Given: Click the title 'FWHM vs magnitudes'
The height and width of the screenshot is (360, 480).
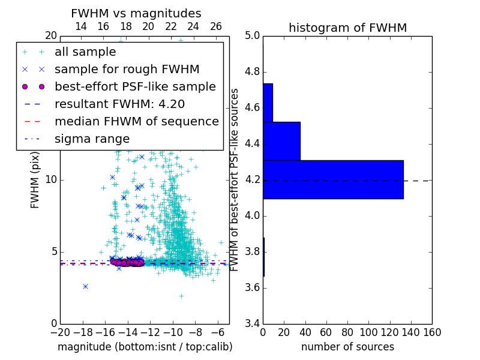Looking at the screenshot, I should (x=136, y=13).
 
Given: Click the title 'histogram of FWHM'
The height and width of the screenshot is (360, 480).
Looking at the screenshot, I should (x=347, y=28).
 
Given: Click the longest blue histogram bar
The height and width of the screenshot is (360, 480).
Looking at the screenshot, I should (x=333, y=179).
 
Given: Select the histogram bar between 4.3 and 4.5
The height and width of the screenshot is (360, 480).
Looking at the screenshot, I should (x=281, y=141).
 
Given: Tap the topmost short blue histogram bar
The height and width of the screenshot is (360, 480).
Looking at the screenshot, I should (x=268, y=103).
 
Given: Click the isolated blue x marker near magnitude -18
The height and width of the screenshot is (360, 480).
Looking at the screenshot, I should (x=85, y=286).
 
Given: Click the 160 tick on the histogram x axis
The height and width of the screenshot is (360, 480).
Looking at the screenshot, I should (x=431, y=332).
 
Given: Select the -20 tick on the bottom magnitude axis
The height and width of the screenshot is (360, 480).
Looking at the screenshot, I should (x=60, y=332).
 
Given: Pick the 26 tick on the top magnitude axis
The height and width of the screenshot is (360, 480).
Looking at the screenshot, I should (x=216, y=26).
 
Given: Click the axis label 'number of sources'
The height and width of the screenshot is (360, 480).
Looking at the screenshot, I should (x=347, y=347).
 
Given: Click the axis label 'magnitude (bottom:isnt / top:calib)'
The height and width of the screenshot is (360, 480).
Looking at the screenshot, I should (x=145, y=347).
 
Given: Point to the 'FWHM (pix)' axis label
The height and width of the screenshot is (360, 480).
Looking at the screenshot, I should (x=35, y=179).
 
